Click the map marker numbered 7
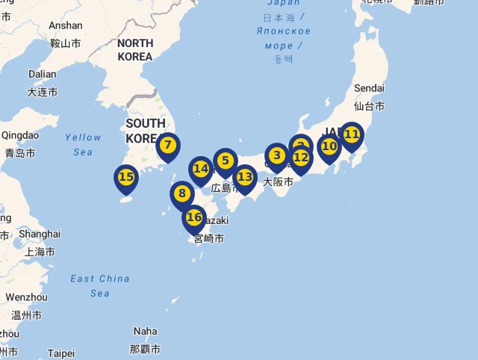point(168,146)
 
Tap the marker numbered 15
point(126,178)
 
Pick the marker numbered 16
point(194,217)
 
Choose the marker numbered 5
point(225,161)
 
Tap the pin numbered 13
point(244,177)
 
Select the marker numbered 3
point(277,155)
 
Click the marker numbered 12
point(300,158)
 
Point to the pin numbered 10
point(329,146)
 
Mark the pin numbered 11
point(352,134)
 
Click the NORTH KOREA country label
point(135,50)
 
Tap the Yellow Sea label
point(83,144)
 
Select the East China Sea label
point(100,286)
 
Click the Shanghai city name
point(40,234)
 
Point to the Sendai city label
point(369,88)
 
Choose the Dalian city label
point(42,74)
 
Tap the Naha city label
point(146,331)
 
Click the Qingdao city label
point(20,135)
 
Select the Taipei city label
point(60,353)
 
